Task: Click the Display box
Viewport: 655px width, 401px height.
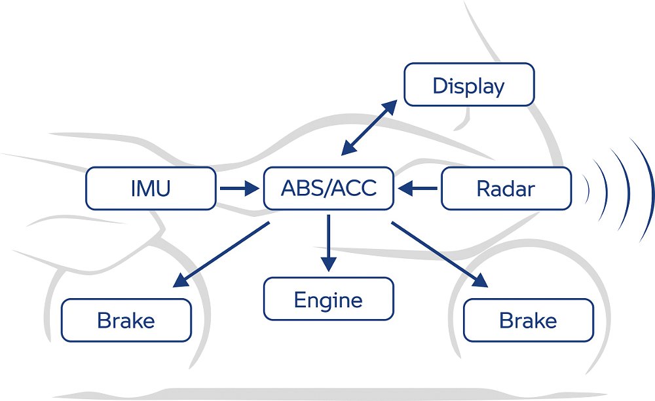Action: (469, 85)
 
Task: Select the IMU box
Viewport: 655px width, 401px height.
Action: (151, 189)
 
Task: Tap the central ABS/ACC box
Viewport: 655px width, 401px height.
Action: (328, 189)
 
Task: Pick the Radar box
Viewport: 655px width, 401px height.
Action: (506, 189)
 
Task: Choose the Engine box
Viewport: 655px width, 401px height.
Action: (328, 299)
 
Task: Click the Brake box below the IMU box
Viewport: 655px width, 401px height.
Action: (126, 320)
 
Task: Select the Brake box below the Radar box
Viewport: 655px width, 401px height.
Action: (528, 320)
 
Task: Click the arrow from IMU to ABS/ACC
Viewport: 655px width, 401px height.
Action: (239, 189)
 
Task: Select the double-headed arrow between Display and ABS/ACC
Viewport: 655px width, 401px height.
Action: (369, 128)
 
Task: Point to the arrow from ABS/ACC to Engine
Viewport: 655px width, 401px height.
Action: (328, 242)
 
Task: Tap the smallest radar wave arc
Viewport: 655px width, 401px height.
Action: (588, 189)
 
